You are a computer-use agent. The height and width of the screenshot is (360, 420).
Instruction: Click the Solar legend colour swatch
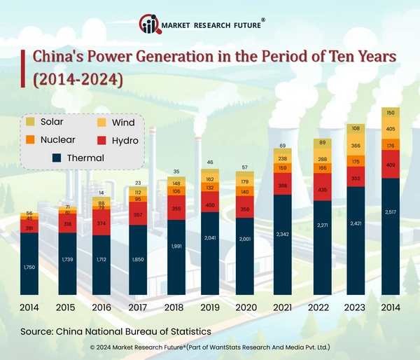pyautogui.click(x=29, y=123)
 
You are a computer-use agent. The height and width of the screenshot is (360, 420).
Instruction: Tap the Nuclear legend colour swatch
pyautogui.click(x=29, y=140)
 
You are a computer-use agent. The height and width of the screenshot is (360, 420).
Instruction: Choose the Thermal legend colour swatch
pyautogui.click(x=56, y=158)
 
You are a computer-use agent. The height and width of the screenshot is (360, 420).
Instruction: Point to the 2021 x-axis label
pyautogui.click(x=283, y=307)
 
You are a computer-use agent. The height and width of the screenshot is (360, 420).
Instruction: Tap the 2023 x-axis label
pyautogui.click(x=356, y=307)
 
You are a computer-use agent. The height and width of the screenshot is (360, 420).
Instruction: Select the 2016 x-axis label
pyautogui.click(x=101, y=307)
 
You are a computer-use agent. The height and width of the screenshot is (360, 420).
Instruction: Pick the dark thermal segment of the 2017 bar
pyautogui.click(x=138, y=259)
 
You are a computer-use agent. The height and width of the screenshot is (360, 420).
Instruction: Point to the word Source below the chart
pyautogui.click(x=38, y=330)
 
